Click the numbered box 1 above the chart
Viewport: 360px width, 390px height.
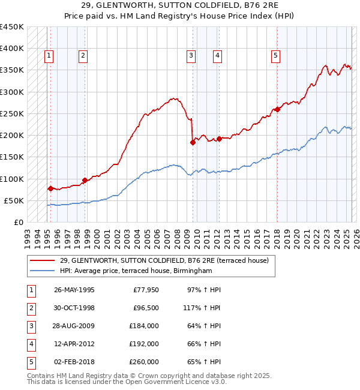point(49,56)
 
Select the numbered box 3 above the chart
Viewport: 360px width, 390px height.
point(191,56)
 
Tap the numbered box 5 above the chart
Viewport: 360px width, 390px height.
point(275,56)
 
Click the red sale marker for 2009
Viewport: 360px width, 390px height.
point(193,142)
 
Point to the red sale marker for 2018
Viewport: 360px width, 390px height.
point(277,109)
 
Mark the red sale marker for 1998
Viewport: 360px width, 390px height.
point(85,180)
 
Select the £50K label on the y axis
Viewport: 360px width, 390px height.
point(14,200)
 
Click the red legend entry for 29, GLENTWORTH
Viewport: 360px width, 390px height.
point(168,260)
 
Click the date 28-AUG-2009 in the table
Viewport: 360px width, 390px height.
point(74,326)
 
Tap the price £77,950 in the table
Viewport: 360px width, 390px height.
point(144,290)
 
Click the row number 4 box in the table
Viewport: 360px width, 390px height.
point(31,344)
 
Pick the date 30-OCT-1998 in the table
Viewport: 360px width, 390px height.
point(74,308)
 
